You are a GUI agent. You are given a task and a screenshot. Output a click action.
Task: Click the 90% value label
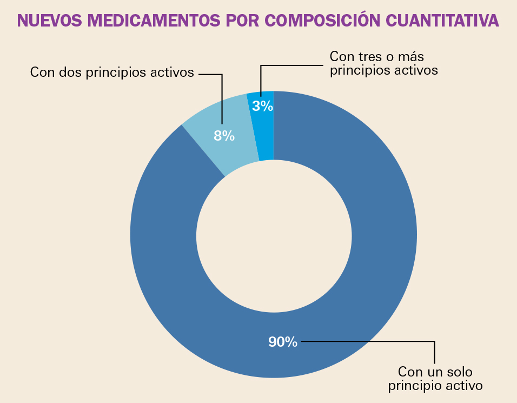[x=283, y=342]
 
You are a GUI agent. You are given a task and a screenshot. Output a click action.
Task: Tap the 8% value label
[x=224, y=136]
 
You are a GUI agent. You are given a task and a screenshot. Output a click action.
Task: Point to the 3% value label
[x=263, y=106]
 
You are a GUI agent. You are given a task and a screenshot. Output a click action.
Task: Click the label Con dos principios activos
[x=112, y=72]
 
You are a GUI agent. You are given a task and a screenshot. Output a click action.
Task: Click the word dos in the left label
[x=71, y=72]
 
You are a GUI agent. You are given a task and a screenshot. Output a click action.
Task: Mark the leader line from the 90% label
[x=379, y=341]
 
